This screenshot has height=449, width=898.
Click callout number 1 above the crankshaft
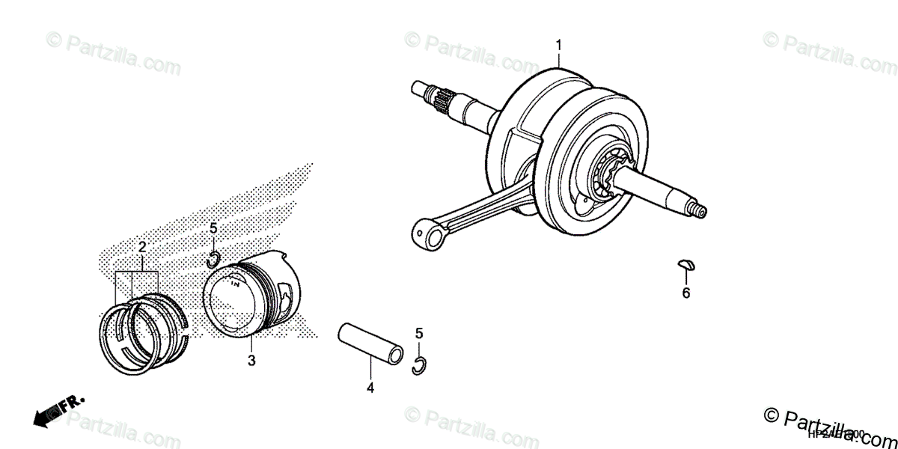(x=558, y=45)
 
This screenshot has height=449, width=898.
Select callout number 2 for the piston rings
(x=141, y=246)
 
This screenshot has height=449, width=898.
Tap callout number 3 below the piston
(x=251, y=361)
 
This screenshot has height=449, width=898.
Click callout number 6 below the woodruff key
(x=685, y=293)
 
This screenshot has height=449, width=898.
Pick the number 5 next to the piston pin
(x=420, y=332)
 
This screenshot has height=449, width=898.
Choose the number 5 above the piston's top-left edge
(x=213, y=227)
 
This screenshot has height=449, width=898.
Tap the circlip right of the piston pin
(x=421, y=364)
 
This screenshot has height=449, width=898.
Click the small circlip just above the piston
(x=213, y=260)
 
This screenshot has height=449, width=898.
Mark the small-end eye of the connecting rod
(x=431, y=236)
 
